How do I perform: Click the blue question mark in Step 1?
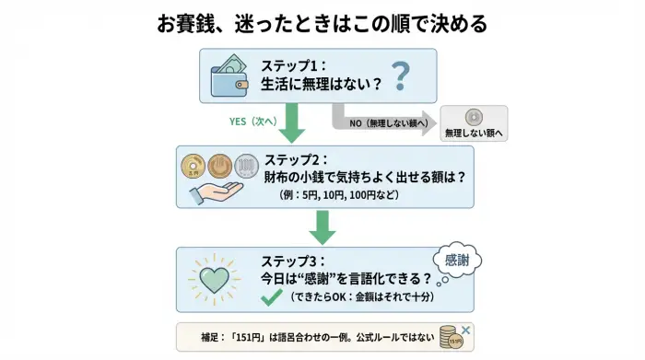tap(400, 75)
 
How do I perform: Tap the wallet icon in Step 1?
tap(229, 75)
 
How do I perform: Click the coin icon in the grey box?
tap(475, 117)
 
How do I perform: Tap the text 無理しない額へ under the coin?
tap(475, 134)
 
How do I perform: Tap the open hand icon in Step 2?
tap(215, 192)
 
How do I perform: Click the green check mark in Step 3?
tap(271, 298)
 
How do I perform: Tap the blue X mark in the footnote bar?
tap(468, 328)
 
